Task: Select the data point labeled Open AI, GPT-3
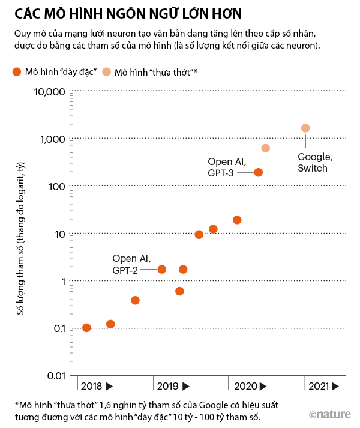point(259,172)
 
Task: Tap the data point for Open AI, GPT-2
point(161,269)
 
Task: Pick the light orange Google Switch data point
point(305,128)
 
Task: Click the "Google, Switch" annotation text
point(314,163)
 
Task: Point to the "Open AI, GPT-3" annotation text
point(227,167)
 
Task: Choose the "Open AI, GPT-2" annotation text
point(131,264)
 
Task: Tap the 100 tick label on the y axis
point(56,187)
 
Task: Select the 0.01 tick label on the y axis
point(55,376)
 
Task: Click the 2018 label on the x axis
point(91,386)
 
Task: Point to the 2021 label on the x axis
point(319,386)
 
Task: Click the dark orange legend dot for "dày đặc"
point(17,73)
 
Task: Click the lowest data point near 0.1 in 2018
point(86,328)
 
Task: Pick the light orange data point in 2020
point(266,148)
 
